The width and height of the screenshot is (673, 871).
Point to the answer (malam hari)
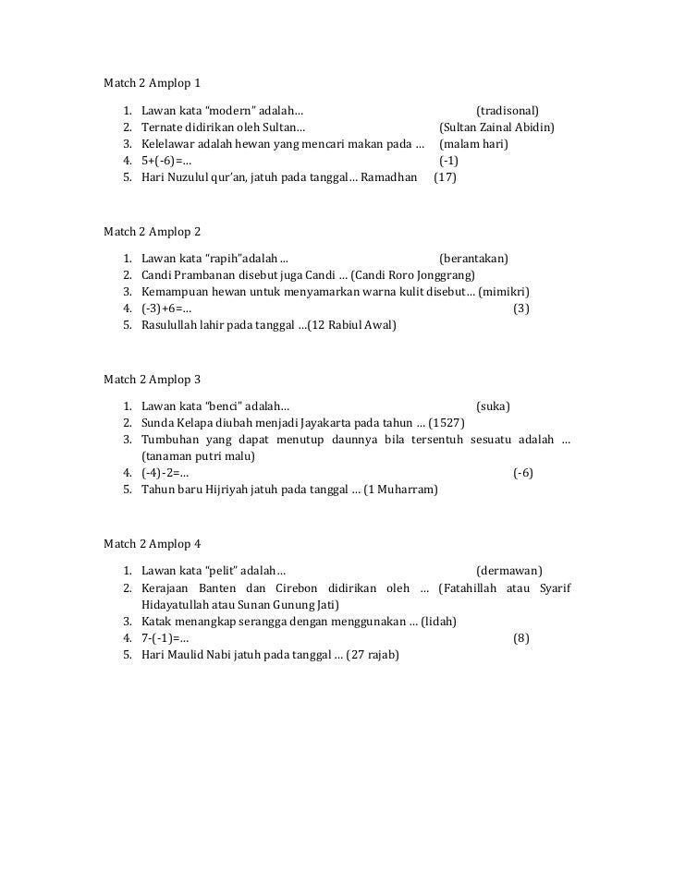point(475,144)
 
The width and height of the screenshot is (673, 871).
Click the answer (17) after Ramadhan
point(445,176)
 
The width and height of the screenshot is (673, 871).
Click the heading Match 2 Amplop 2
point(152,229)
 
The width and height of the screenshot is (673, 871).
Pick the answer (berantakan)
point(473,258)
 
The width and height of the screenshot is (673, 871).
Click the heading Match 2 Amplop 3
point(152,379)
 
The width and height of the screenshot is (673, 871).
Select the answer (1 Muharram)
point(400,489)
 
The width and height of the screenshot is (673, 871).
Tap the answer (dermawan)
point(508,570)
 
